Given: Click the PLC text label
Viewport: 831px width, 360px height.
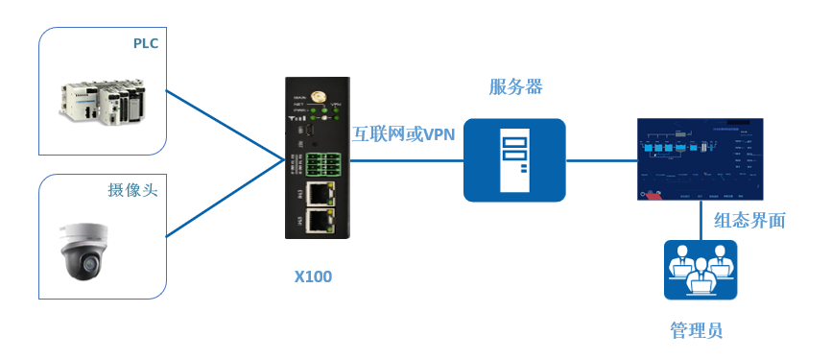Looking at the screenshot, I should click(x=145, y=43).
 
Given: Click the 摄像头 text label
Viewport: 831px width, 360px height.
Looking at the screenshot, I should click(x=131, y=190).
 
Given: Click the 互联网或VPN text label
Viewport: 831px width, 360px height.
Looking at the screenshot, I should click(x=403, y=134).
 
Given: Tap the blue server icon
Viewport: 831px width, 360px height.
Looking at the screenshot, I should click(x=514, y=160).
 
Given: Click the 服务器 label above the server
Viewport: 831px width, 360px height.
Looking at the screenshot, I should click(x=515, y=87).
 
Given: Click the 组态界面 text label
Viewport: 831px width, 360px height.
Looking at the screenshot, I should click(x=749, y=221).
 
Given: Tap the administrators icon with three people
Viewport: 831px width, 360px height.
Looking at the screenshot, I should click(x=700, y=270).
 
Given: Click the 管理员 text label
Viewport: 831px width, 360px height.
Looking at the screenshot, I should click(x=696, y=331).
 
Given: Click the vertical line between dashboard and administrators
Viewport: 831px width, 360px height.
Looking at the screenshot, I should click(x=700, y=221).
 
